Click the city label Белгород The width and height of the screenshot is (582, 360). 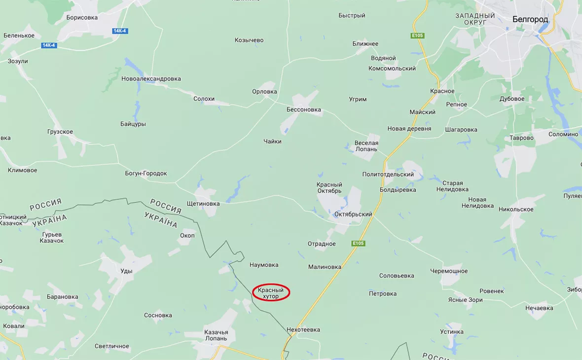[x=530, y=19]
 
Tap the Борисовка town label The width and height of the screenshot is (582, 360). [x=82, y=17]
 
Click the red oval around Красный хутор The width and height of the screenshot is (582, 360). [x=271, y=293]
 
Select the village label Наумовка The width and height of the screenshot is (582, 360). [x=264, y=265]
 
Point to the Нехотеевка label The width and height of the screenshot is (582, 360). [x=303, y=329]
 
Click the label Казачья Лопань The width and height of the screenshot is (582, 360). [x=216, y=335]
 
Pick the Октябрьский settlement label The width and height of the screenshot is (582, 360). [x=353, y=215]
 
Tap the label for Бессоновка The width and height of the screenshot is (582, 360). [x=304, y=109]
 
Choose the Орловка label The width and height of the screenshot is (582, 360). [x=264, y=91]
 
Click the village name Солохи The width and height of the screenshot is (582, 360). [x=204, y=99]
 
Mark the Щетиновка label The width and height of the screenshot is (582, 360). [x=203, y=203]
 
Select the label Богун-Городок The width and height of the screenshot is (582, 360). [x=146, y=173]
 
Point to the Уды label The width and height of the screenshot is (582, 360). [x=126, y=271]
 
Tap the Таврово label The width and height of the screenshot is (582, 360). [x=522, y=138]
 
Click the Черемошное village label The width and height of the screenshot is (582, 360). [x=448, y=271]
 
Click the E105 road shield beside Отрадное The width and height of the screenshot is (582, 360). [x=358, y=243]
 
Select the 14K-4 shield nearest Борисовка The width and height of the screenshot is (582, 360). [x=120, y=31]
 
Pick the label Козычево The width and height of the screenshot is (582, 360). [x=249, y=40]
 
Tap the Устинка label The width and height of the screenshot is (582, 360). [x=452, y=331]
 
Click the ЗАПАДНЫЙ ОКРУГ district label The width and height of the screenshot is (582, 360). [x=475, y=19]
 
